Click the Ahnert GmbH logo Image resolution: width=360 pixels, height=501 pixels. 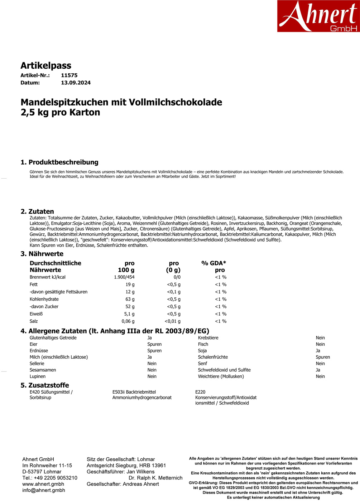[x=318, y=16]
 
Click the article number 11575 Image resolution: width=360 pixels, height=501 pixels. [x=69, y=76]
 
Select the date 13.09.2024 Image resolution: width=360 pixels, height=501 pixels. [x=76, y=83]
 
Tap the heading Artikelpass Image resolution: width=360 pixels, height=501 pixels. [x=46, y=65]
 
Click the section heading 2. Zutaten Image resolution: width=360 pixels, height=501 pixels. [x=37, y=211]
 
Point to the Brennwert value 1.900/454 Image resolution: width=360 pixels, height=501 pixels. [x=124, y=277]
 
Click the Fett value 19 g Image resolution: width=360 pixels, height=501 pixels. [x=130, y=284]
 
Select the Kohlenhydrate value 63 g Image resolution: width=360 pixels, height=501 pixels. [x=130, y=299]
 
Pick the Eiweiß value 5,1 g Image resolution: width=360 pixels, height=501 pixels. [x=129, y=314]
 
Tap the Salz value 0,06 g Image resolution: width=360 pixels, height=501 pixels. [x=128, y=321]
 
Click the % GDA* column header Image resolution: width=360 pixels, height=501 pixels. [x=214, y=263]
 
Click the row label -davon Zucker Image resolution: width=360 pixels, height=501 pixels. [x=44, y=307]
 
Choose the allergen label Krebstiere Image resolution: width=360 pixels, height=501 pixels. [x=208, y=338]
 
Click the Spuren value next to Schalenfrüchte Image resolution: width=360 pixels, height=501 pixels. [x=322, y=357]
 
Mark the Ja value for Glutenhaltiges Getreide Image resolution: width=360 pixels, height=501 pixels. [x=150, y=338]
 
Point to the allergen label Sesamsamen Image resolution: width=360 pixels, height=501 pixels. [x=43, y=370]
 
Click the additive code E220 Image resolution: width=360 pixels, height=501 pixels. [x=200, y=392]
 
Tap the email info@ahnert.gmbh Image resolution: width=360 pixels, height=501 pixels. [x=44, y=490]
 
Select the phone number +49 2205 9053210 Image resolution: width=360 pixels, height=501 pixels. [x=56, y=478]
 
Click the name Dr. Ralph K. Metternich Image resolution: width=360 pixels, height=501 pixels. [x=155, y=478]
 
